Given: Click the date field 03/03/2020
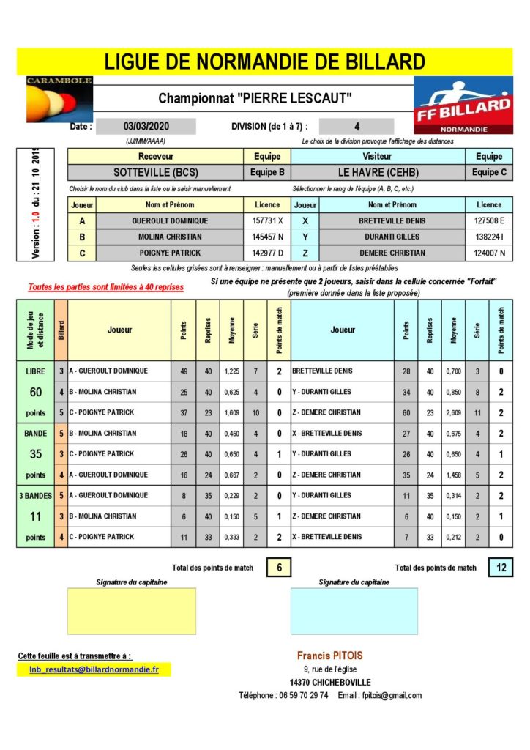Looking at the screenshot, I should [x=146, y=126].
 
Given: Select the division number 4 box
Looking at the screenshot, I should [x=357, y=126].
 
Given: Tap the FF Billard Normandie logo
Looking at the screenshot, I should [x=463, y=105].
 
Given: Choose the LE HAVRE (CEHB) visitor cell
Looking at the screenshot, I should [x=378, y=173].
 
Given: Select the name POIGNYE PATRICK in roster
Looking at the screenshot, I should [x=169, y=253].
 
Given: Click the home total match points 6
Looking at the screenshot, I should [x=278, y=567].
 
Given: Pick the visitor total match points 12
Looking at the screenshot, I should [x=501, y=567].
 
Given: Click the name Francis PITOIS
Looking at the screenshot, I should [x=329, y=656].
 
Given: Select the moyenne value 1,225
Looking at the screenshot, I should [x=231, y=371].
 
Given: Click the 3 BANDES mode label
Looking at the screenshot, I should [x=35, y=496].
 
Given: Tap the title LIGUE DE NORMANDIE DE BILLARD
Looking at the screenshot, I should [x=264, y=62].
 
